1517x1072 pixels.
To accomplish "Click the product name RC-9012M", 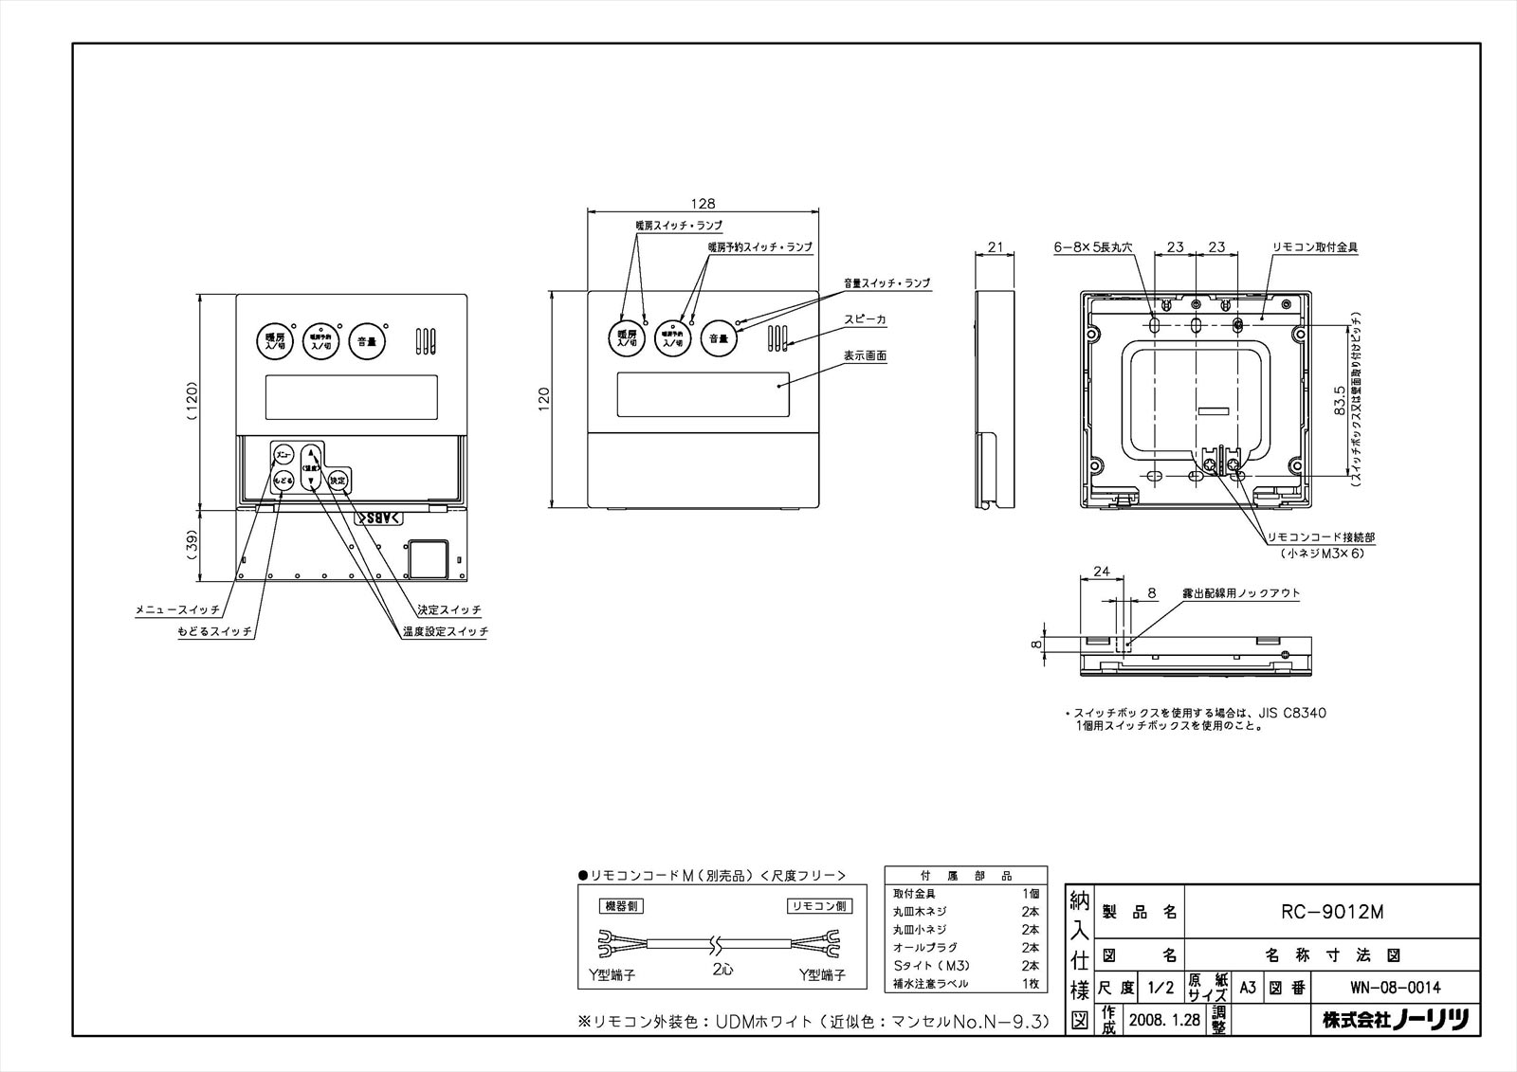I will click(1332, 912).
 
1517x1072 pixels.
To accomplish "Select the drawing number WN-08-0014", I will click(1395, 988).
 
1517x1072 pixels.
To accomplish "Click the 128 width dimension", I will click(703, 204).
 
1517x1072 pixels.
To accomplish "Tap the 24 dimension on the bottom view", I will click(1101, 572).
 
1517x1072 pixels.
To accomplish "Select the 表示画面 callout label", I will click(865, 356).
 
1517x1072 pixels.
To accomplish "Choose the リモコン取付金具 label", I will click(1315, 246).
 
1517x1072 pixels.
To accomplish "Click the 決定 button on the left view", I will click(338, 481).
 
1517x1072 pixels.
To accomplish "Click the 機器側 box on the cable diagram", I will click(622, 906).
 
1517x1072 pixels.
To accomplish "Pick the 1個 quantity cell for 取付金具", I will click(1030, 894).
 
